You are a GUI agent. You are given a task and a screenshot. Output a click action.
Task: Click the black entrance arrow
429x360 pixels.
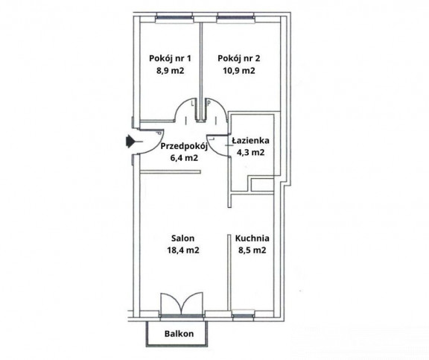[132, 142]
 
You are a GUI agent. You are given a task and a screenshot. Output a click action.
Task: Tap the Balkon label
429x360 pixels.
[179, 334]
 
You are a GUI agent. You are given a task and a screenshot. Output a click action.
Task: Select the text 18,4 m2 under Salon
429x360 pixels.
[183, 250]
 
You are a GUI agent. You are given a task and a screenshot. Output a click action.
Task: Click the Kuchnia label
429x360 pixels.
[252, 239]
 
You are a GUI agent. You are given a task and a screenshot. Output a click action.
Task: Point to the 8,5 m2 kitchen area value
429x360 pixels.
[252, 250]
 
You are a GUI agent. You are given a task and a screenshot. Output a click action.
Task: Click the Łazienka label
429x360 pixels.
[250, 140]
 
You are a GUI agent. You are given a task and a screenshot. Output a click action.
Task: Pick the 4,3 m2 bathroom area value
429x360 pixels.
[250, 152]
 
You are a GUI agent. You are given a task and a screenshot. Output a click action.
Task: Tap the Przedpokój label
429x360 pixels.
[184, 147]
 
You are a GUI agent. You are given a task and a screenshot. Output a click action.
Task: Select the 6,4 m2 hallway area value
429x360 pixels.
[184, 158]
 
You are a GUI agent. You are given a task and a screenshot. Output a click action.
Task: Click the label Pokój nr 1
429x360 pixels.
[170, 59]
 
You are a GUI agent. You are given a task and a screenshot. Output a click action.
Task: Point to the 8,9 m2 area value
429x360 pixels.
[170, 71]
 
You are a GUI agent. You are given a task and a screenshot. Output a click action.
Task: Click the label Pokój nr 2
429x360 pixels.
[239, 59]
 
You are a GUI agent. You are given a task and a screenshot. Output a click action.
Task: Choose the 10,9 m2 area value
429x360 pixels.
[239, 71]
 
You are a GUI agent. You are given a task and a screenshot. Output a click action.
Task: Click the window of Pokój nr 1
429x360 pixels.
[174, 19]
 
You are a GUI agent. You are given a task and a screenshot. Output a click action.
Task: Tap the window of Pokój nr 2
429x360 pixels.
[237, 19]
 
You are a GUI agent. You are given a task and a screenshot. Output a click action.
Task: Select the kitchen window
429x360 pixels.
[243, 315]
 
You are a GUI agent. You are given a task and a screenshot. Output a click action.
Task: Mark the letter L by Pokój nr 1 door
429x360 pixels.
[193, 104]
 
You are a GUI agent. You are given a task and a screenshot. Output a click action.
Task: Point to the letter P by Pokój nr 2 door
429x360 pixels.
[209, 104]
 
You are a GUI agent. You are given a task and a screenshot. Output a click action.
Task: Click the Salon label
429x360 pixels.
[183, 239]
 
